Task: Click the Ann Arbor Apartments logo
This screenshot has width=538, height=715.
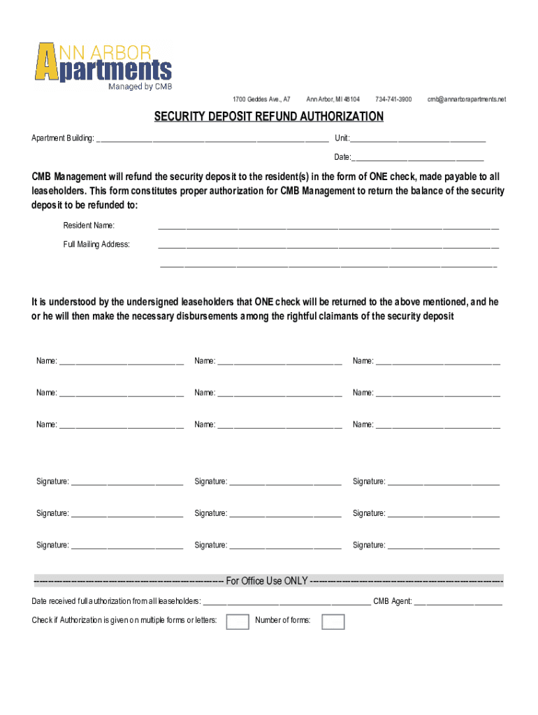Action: pos(103,62)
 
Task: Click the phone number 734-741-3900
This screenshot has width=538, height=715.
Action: pos(393,100)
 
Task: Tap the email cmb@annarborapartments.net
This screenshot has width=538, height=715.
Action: pos(467,100)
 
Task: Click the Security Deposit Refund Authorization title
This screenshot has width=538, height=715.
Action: pos(269,117)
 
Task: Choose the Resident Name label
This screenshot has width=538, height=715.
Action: pos(89,226)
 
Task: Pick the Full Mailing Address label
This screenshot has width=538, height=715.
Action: pos(96,244)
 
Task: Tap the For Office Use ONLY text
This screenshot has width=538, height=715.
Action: pos(267,581)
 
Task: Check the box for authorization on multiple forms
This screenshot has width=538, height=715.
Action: pos(238,621)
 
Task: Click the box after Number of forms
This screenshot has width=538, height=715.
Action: pos(333,621)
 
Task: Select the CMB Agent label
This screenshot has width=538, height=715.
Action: pos(393,601)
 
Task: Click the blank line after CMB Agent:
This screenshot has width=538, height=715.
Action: pos(458,603)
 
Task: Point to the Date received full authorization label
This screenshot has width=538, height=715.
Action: pos(116,601)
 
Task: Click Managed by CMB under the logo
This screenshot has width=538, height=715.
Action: pos(140,87)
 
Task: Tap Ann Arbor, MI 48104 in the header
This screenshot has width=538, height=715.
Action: pos(333,100)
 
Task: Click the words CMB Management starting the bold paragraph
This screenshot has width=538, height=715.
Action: pos(68,177)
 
